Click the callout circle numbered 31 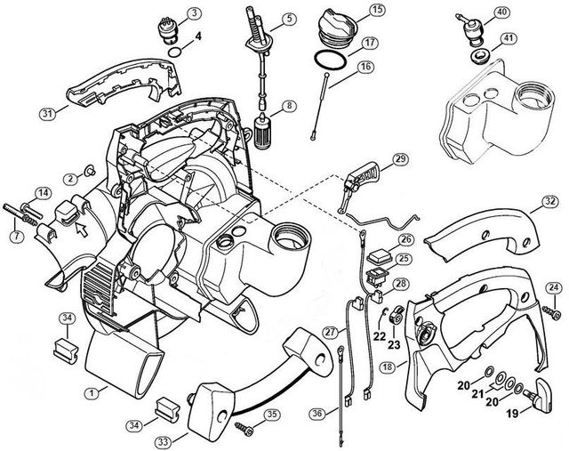tap(49, 113)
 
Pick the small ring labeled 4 tap(180, 52)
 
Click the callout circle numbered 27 tap(330, 333)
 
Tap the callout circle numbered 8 tap(287, 107)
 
